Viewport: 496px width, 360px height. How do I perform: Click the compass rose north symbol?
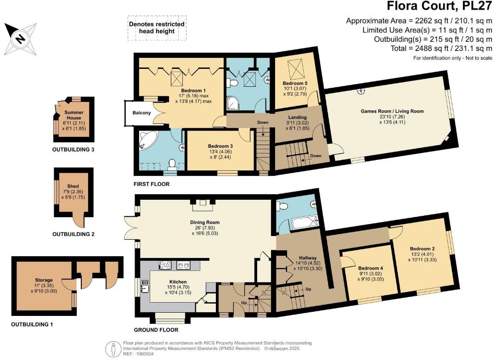(x=21, y=39)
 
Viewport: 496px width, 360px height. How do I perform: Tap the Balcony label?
(x=141, y=112)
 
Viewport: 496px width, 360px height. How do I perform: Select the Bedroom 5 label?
(x=295, y=83)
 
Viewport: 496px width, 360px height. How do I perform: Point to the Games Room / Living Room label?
(x=392, y=111)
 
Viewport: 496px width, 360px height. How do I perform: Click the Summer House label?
(x=73, y=115)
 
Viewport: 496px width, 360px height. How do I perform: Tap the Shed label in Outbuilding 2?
(x=73, y=186)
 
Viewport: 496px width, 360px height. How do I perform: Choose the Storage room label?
(x=44, y=280)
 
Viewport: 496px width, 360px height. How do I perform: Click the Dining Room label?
(x=205, y=222)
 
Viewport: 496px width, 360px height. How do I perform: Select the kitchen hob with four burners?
(x=165, y=265)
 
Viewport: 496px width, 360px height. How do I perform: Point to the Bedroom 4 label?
(x=371, y=268)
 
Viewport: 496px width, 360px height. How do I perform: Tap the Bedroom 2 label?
(x=423, y=248)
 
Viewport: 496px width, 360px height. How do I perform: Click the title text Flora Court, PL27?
(x=440, y=6)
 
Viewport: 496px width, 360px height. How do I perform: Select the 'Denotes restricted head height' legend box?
(x=157, y=28)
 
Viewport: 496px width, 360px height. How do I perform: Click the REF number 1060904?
(x=145, y=354)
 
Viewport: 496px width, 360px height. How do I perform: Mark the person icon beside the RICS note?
(x=113, y=349)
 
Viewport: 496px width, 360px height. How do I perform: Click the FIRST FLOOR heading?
(x=152, y=184)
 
